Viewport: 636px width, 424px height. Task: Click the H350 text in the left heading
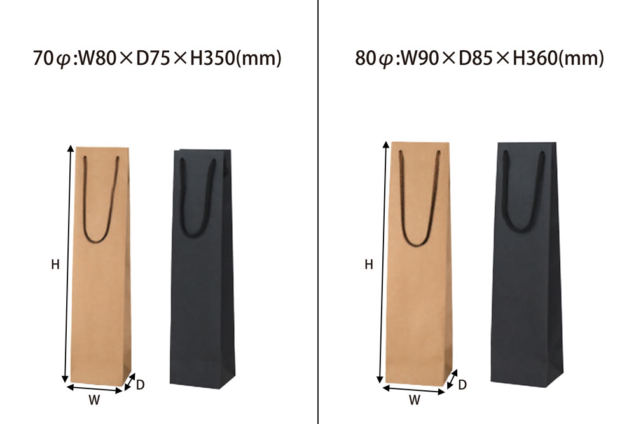click(x=212, y=58)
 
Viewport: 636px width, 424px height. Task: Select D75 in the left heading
click(x=153, y=58)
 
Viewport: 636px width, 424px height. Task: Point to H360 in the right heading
click(x=535, y=58)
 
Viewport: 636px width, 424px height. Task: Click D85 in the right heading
click(x=476, y=58)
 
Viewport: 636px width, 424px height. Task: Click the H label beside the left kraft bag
click(x=55, y=264)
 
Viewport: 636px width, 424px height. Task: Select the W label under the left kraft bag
click(x=94, y=400)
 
